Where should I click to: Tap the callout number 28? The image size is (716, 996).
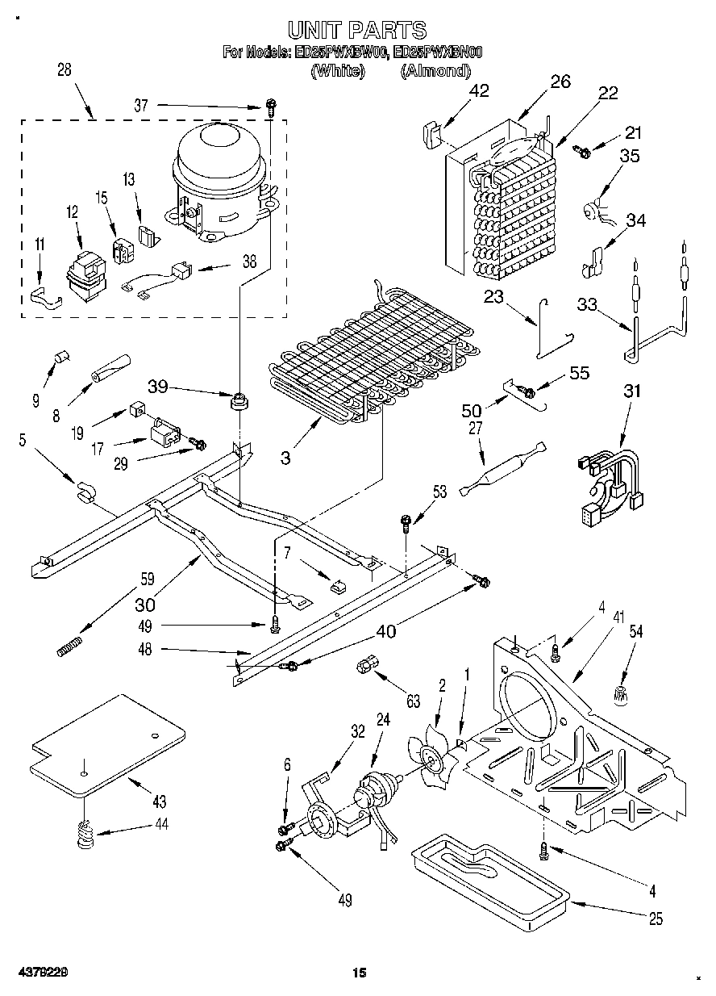[64, 69]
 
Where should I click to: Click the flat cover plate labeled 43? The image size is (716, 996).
[105, 739]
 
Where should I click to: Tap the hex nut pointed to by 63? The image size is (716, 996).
[364, 667]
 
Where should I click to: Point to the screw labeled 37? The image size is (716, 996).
[273, 106]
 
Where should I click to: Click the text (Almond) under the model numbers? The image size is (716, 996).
[435, 71]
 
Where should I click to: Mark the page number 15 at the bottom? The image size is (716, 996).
[358, 973]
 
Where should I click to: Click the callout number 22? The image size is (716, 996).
[607, 93]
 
